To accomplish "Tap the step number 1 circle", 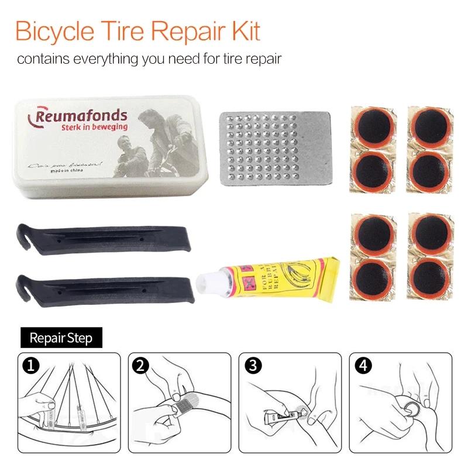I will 29,366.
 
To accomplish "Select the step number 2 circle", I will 139,366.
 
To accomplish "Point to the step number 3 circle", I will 252,366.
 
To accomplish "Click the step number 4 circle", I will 363,366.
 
